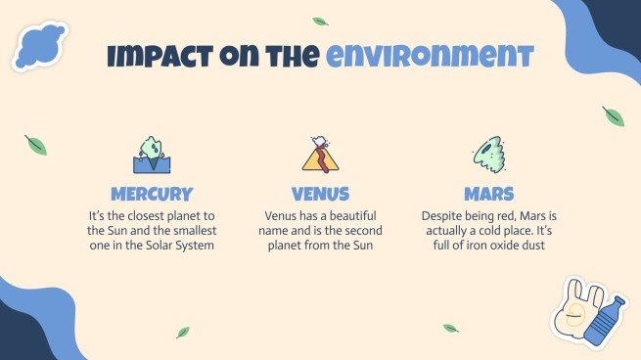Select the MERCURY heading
(x=152, y=194)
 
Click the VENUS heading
(x=320, y=194)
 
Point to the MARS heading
(x=489, y=194)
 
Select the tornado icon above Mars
(x=488, y=154)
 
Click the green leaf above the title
(x=320, y=22)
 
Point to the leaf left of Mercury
(x=36, y=146)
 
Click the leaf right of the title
(x=614, y=116)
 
